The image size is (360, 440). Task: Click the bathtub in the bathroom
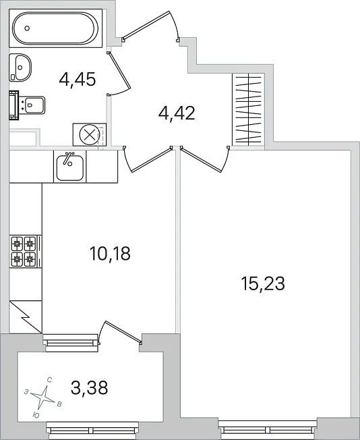tap(55, 28)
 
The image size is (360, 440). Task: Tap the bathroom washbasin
tap(20, 67)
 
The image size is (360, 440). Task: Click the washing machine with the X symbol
tap(90, 135)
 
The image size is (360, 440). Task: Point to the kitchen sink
tap(70, 167)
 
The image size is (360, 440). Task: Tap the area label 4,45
tap(78, 80)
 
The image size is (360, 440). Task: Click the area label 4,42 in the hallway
tap(177, 113)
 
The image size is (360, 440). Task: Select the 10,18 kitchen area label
tap(110, 253)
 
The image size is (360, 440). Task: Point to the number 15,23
tap(263, 283)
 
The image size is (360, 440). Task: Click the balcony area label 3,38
tap(90, 388)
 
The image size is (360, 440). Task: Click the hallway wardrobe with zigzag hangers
tap(248, 109)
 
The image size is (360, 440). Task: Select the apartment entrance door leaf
tap(146, 25)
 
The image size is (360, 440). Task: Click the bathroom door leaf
tap(119, 70)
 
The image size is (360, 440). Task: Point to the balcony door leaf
tap(123, 331)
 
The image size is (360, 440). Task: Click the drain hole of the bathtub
tap(27, 28)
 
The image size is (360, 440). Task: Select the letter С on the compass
tap(49, 380)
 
